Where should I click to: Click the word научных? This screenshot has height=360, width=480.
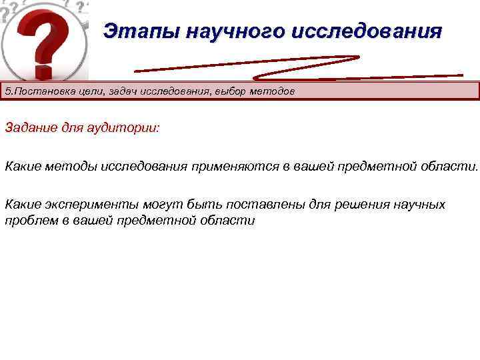(417, 204)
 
